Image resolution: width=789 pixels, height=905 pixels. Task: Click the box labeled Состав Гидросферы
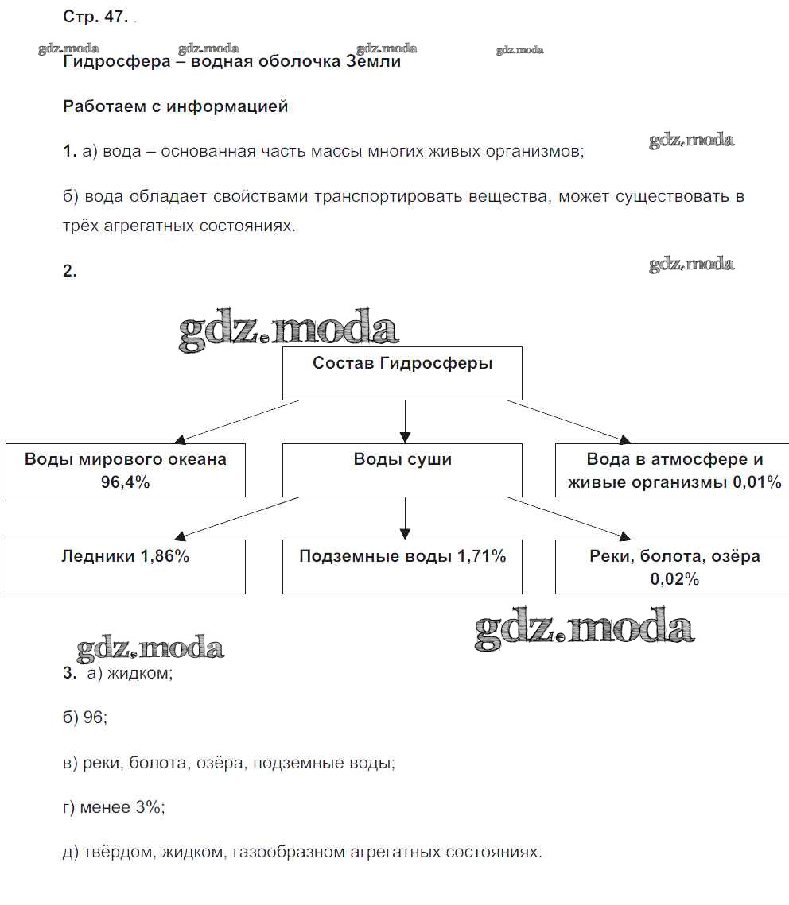point(402,373)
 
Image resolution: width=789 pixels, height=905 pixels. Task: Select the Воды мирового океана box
point(126,470)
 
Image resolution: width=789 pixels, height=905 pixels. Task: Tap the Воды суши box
point(402,470)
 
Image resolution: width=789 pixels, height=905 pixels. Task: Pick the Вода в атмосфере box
point(674,470)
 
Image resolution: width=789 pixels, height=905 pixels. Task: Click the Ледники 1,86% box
point(126,566)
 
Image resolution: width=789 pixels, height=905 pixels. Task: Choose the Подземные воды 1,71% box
point(402,566)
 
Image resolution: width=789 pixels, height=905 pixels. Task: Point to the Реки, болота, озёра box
point(674,566)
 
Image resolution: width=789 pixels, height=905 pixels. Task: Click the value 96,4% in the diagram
point(126,482)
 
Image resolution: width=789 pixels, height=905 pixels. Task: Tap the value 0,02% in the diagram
point(674,579)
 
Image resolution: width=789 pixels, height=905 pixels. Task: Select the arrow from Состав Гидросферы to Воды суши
point(405,421)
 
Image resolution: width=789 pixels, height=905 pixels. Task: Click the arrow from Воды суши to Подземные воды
point(405,518)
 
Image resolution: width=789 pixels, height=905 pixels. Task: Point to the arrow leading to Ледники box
point(239,517)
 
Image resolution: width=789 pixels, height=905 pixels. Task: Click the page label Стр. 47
point(95,17)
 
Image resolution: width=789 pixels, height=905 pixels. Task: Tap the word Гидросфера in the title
point(116,62)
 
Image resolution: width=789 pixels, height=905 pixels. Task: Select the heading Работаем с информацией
point(175,106)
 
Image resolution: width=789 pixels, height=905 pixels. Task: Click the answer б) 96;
point(84,717)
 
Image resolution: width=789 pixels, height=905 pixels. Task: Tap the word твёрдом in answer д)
point(119,853)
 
